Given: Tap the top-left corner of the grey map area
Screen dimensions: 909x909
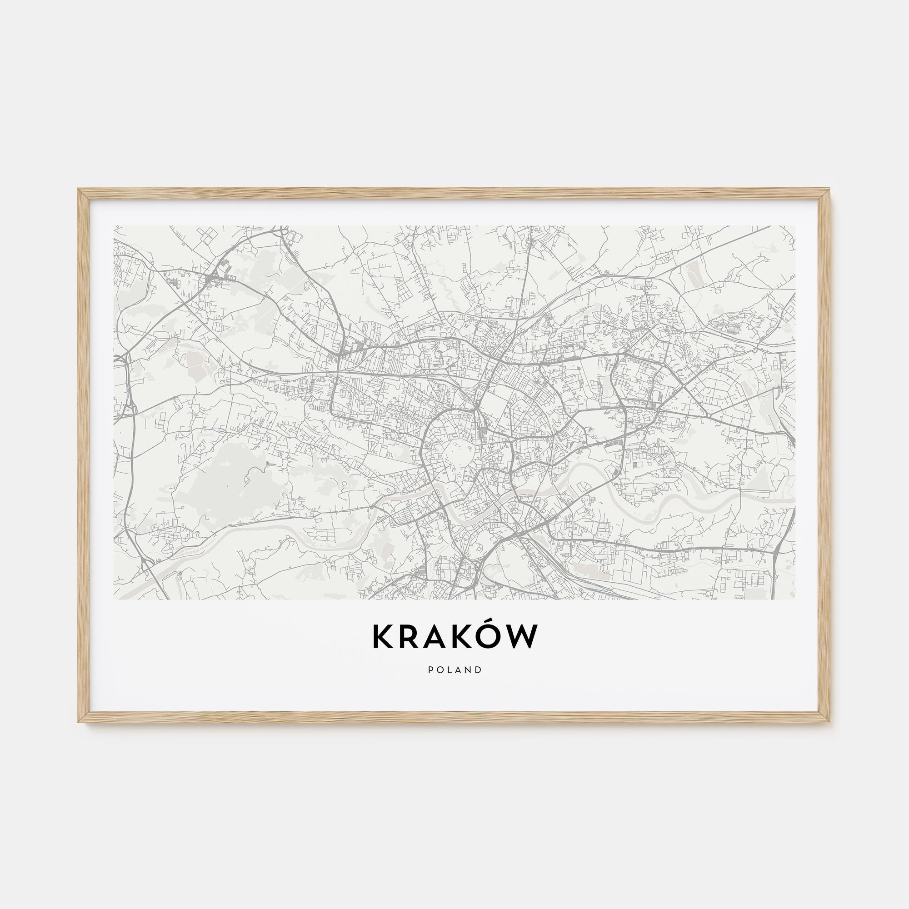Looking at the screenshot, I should [x=115, y=226].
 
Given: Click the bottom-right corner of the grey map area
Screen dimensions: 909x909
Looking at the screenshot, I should [x=794, y=599].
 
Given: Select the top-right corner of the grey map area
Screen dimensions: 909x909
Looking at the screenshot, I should [x=794, y=226].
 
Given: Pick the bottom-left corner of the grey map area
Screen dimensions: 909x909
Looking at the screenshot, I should [x=115, y=599].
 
